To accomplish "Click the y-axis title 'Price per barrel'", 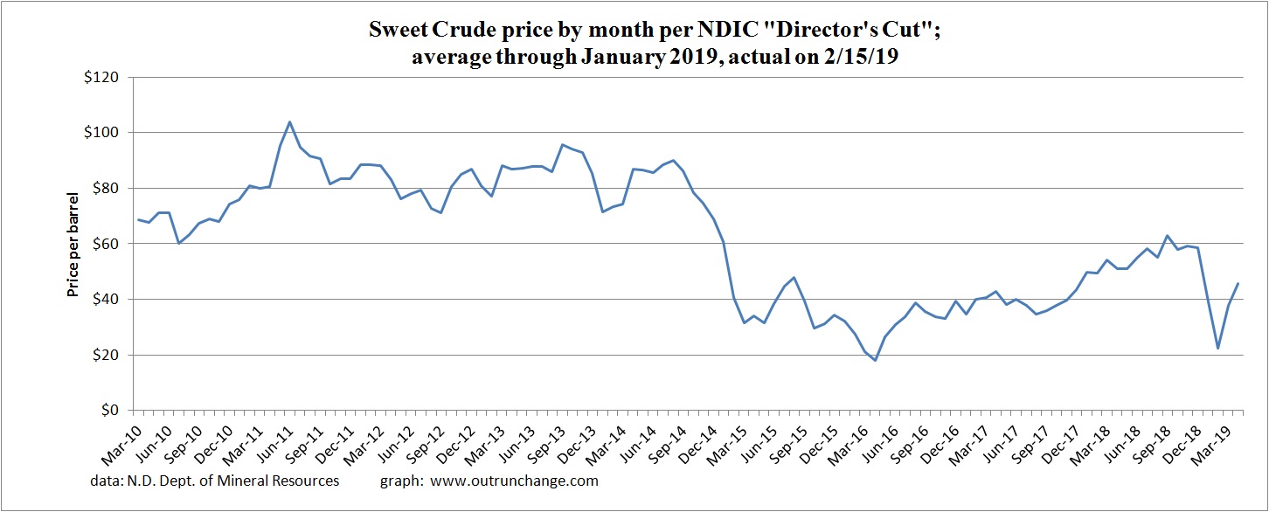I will tap(73, 244).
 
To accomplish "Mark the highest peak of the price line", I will tap(289, 122).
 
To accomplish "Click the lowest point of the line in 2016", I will tap(875, 360).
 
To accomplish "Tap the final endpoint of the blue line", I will tap(1238, 283).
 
